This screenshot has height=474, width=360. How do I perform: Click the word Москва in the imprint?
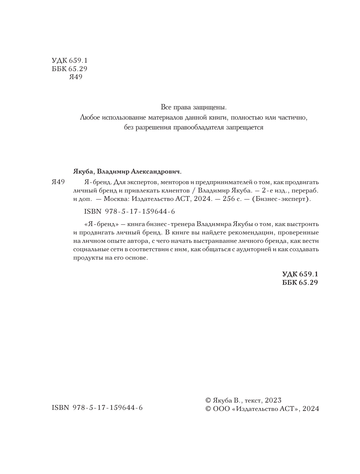116,199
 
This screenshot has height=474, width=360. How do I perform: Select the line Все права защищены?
194,108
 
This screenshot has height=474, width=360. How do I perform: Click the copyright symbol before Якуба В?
209,400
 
